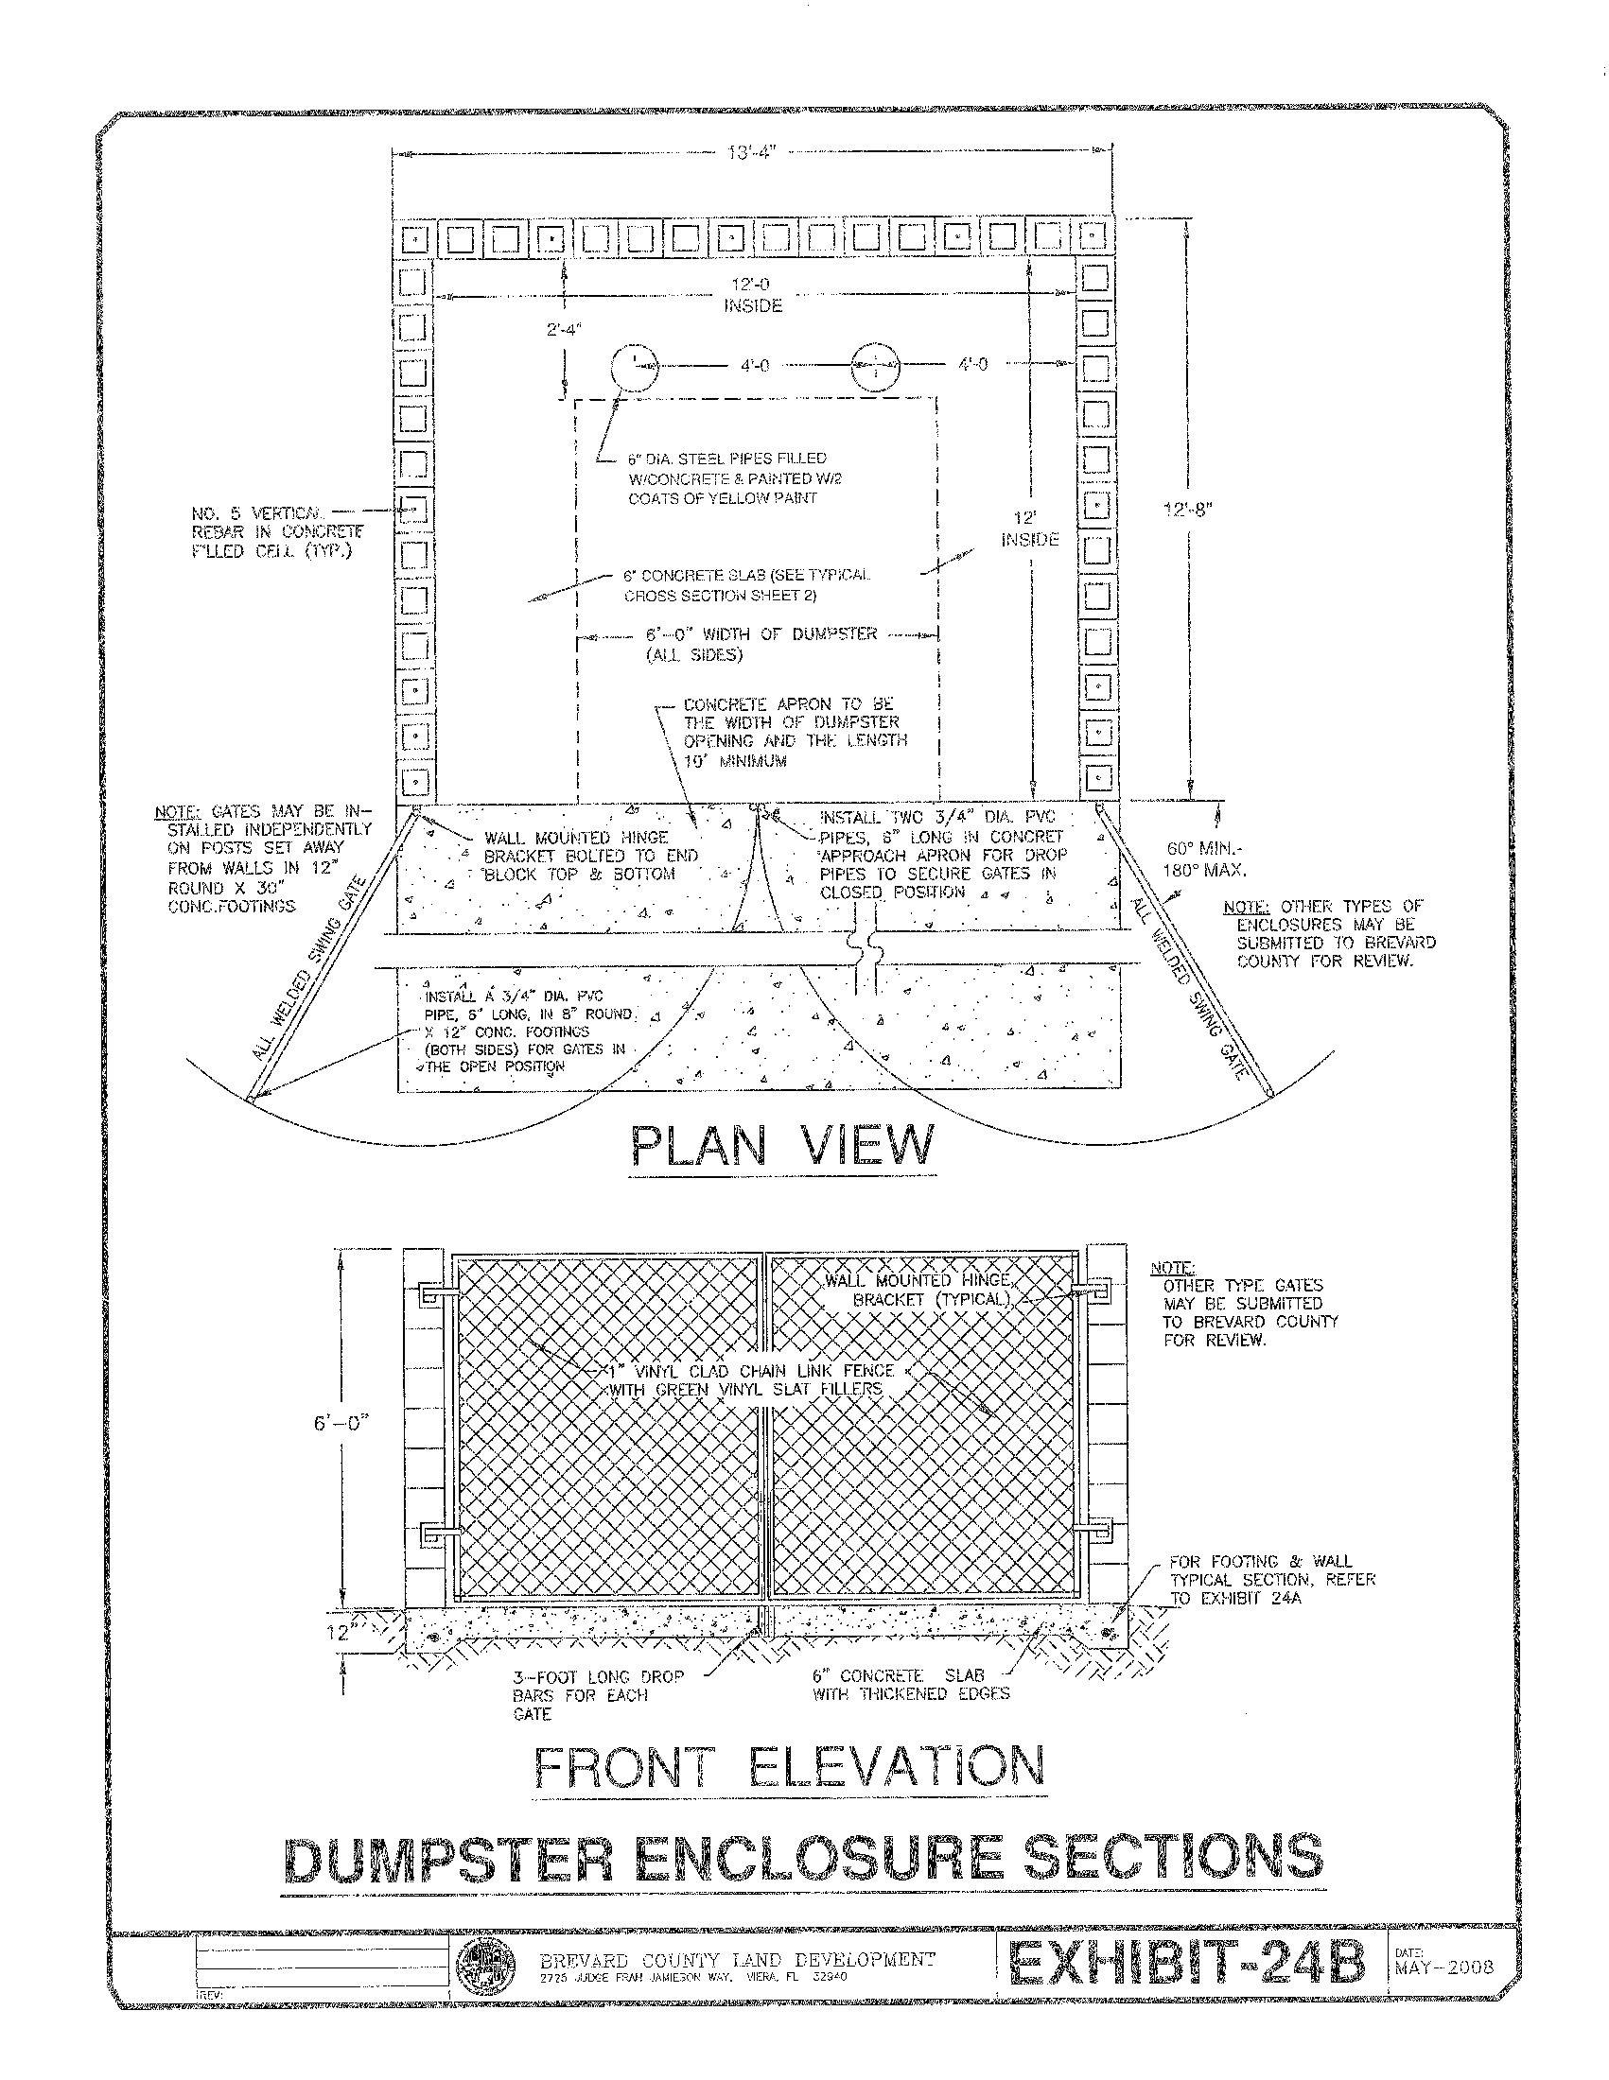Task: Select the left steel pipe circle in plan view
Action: (634, 367)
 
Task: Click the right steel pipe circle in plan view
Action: (875, 367)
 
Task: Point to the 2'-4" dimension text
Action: (564, 330)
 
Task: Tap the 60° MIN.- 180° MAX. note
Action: (1203, 859)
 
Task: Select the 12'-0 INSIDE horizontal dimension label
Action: (753, 295)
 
